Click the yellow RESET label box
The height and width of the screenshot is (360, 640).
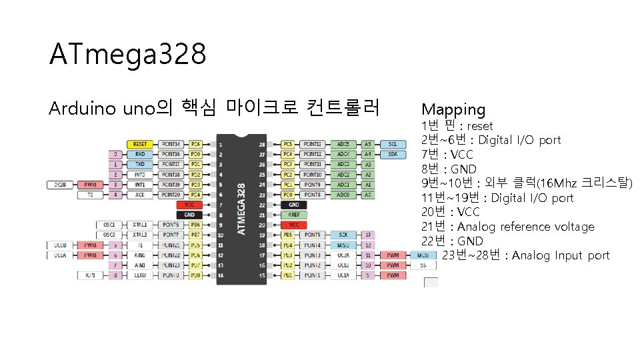[x=140, y=144]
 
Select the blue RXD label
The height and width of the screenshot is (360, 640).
[x=140, y=154]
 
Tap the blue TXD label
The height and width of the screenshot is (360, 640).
[x=140, y=164]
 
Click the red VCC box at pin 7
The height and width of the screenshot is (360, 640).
[x=190, y=205]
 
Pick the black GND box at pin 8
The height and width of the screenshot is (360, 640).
[x=190, y=215]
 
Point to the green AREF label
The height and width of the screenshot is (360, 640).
[x=294, y=215]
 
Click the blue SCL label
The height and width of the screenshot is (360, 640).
[x=393, y=144]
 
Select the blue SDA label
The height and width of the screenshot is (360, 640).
[x=393, y=154]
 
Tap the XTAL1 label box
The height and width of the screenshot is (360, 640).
[x=140, y=225]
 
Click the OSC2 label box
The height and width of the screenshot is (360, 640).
[x=109, y=235]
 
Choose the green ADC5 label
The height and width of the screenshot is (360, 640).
[x=343, y=144]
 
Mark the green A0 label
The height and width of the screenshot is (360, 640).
[x=367, y=195]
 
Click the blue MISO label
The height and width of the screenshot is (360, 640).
[x=343, y=245]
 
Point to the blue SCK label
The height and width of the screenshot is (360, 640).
[x=343, y=235]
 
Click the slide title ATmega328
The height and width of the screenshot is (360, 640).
[x=127, y=55]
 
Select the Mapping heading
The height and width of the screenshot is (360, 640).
[x=453, y=109]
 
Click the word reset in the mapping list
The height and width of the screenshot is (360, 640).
[x=480, y=126]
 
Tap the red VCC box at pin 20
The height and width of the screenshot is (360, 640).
[x=294, y=225]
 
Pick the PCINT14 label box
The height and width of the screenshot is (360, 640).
[x=171, y=144]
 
